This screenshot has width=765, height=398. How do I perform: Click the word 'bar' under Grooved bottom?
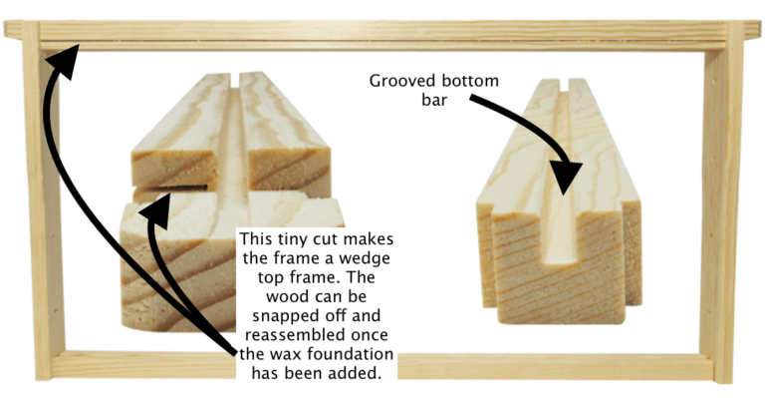point(434,100)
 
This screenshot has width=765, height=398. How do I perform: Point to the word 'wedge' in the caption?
point(366,258)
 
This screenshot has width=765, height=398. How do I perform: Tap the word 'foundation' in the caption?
point(351,354)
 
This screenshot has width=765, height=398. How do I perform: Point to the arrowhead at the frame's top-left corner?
point(64,60)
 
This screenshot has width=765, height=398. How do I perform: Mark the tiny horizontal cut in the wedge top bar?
point(170,188)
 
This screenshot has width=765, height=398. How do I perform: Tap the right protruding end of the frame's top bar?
point(751,30)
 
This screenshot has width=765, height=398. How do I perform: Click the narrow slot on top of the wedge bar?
point(235,81)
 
